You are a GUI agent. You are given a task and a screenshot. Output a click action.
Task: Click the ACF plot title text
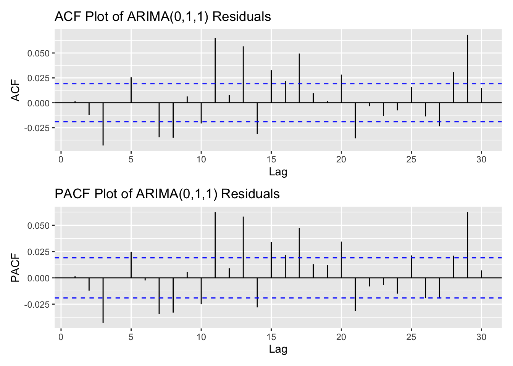coord(163,17)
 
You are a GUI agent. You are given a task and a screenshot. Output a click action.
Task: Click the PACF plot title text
coord(167,194)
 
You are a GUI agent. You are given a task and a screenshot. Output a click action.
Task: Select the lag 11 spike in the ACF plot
coord(215,71)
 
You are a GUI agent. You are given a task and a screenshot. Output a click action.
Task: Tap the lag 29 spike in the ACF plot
coord(468,69)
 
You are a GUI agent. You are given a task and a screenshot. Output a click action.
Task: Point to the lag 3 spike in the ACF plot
coord(103,124)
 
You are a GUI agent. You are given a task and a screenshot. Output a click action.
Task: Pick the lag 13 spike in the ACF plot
coord(243,74)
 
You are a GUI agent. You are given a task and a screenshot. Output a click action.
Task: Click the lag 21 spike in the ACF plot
coord(355,120)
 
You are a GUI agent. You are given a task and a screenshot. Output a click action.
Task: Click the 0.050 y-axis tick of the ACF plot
coord(39,53)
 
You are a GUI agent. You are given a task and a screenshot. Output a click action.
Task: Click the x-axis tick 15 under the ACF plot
coord(271,159)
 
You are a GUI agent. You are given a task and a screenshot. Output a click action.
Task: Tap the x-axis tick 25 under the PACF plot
coord(411,337)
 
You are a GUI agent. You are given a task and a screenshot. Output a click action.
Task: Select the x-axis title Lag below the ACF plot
coord(278,172)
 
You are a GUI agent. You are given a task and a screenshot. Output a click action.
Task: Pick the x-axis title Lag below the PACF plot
coord(278,349)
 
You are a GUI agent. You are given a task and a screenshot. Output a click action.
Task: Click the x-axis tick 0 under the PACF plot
coord(61,337)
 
